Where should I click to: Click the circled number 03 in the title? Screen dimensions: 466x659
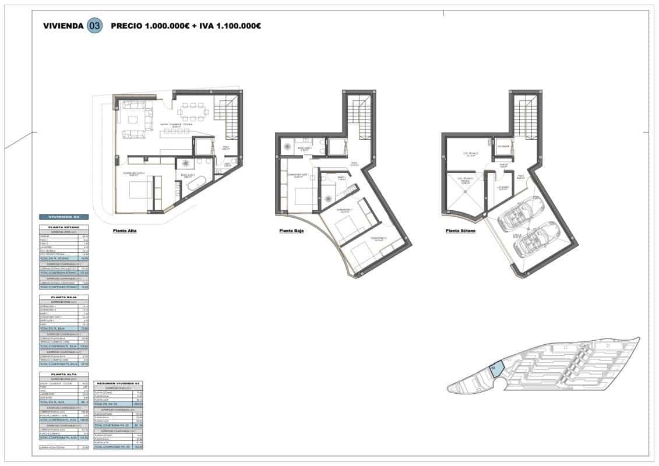[94, 26]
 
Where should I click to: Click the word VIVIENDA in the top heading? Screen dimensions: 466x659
[63, 26]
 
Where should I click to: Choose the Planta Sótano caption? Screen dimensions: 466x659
[460, 231]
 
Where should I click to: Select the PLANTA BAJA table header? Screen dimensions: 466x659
[63, 297]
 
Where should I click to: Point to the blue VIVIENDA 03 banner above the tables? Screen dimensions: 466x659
[63, 217]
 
